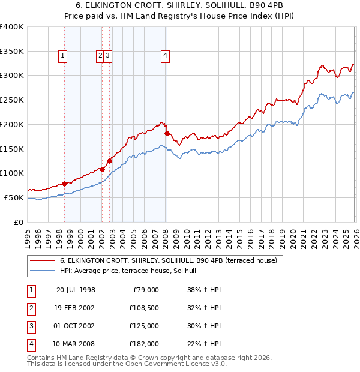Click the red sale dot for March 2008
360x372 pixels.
point(167,133)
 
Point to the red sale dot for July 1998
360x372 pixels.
point(64,184)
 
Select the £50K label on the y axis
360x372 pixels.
point(14,197)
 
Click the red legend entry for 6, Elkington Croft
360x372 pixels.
point(168,261)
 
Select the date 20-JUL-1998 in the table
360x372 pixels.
point(76,290)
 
